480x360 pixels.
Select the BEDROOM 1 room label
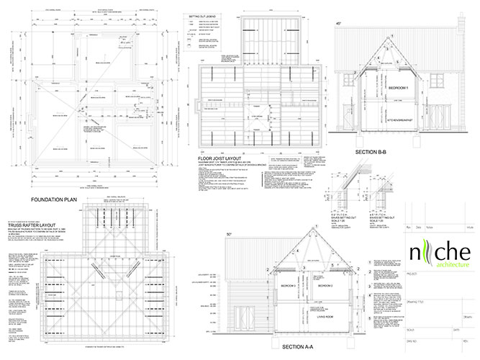coord(398,87)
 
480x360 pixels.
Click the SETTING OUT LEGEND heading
coord(204,15)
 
